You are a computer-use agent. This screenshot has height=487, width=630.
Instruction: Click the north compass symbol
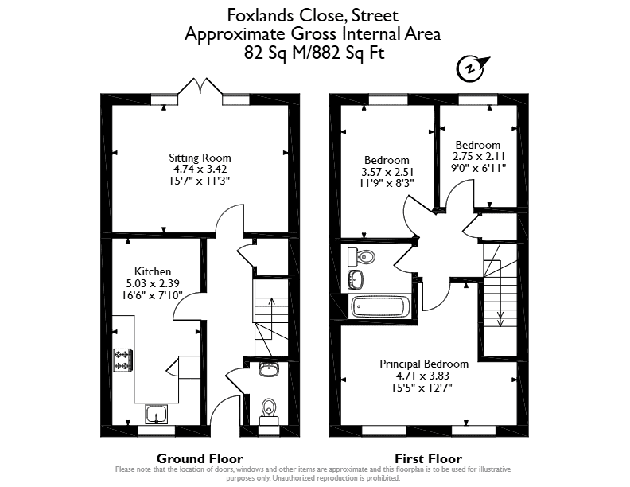471,68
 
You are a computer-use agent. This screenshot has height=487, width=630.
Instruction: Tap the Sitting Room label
200,158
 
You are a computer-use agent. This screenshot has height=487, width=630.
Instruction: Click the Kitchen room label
153,271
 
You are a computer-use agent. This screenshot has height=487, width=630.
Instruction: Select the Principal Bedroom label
424,364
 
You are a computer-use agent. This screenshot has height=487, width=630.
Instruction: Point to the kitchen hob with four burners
123,360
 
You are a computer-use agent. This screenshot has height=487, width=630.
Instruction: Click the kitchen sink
156,414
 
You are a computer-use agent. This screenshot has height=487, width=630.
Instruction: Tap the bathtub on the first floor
380,307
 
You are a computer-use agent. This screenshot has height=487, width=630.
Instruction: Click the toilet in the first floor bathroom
362,256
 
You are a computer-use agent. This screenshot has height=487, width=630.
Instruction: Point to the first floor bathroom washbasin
356,279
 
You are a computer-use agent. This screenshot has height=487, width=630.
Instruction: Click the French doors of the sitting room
200,87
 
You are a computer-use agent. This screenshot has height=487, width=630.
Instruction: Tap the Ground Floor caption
200,458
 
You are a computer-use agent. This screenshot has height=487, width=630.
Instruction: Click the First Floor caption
428,458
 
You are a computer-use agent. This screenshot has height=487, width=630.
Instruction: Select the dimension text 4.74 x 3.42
200,169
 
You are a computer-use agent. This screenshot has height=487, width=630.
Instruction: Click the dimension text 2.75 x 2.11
479,156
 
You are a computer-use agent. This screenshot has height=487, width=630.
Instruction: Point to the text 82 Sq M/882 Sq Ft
314,53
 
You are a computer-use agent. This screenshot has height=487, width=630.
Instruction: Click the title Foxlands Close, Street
313,16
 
